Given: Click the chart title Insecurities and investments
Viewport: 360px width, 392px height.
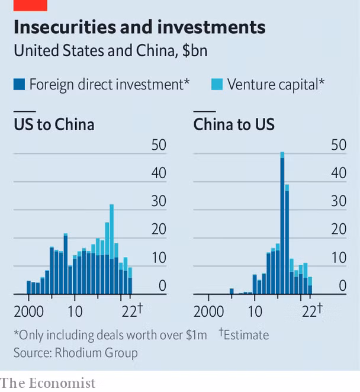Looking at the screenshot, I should coord(139,27).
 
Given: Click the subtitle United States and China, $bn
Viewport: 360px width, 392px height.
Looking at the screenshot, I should coord(110,50).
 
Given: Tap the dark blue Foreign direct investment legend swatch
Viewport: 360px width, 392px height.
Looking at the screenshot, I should coord(19,85).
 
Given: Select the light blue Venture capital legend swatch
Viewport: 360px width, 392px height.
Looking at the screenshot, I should coord(216,85).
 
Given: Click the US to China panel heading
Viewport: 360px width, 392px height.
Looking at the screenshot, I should coord(54,125).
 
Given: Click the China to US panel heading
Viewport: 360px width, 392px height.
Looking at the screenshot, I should coord(234,125).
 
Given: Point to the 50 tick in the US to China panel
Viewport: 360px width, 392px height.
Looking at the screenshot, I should coord(159,145).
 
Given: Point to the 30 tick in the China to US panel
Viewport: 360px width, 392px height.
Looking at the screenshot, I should coord(338,201).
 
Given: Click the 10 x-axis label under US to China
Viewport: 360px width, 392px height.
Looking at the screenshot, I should coord(74,311).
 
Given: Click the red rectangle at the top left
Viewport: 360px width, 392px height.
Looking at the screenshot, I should coord(30,5).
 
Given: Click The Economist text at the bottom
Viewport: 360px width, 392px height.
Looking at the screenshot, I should coord(48,383).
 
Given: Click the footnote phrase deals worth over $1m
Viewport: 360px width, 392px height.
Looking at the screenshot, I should coord(153,335).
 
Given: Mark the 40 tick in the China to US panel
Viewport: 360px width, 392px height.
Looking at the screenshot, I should coord(338,173).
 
